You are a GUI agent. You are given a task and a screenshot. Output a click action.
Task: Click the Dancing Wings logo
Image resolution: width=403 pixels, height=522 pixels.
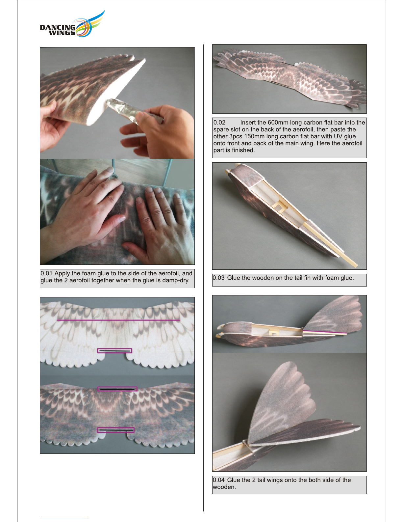tap(72, 24)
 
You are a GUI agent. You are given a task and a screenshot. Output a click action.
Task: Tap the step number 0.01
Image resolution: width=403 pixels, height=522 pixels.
tap(46, 273)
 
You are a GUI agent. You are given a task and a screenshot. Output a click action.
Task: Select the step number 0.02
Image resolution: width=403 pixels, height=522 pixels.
tap(219, 123)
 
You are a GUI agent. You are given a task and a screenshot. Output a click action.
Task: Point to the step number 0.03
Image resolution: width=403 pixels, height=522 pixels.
tap(218, 278)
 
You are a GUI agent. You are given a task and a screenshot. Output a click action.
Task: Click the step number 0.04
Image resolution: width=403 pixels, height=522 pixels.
tap(218, 480)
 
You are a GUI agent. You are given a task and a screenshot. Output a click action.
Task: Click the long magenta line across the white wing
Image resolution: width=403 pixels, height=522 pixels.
tap(118, 320)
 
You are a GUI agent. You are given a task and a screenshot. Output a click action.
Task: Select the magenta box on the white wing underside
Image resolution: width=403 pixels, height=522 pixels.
tap(114, 351)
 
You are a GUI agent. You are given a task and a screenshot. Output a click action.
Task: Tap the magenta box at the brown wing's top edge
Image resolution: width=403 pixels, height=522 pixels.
tap(117, 389)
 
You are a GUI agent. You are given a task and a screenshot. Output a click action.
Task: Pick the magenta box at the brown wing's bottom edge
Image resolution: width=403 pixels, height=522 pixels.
tap(115, 430)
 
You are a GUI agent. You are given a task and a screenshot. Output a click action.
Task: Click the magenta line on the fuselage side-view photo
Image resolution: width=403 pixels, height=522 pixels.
tap(325, 332)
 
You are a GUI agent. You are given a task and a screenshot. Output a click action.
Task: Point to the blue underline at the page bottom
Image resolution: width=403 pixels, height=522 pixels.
tap(65, 519)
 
